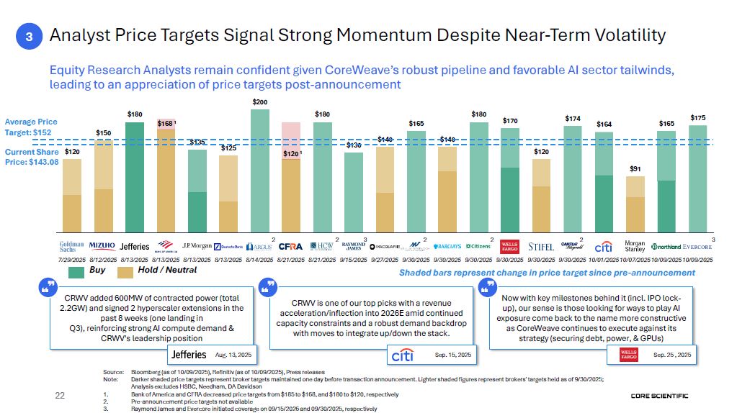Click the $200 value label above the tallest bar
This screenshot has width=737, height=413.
pyautogui.click(x=260, y=103)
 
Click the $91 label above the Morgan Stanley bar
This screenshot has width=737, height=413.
pyautogui.click(x=635, y=169)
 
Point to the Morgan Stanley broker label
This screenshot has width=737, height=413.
pyautogui.click(x=635, y=246)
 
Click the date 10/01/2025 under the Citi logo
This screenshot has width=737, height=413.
pyautogui.click(x=604, y=259)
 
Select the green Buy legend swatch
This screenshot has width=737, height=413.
pyautogui.click(x=76, y=272)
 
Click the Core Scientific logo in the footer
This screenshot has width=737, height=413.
pyautogui.click(x=659, y=396)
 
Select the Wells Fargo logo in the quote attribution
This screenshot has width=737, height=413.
pyautogui.click(x=628, y=354)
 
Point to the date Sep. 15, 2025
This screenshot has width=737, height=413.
pyautogui.click(x=452, y=355)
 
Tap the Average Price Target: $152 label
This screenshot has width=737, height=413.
pyautogui.click(x=31, y=127)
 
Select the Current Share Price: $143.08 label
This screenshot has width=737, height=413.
pyautogui.click(x=31, y=157)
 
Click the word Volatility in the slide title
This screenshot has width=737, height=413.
pyautogui.click(x=617, y=35)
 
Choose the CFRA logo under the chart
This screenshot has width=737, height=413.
pyautogui.click(x=290, y=246)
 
